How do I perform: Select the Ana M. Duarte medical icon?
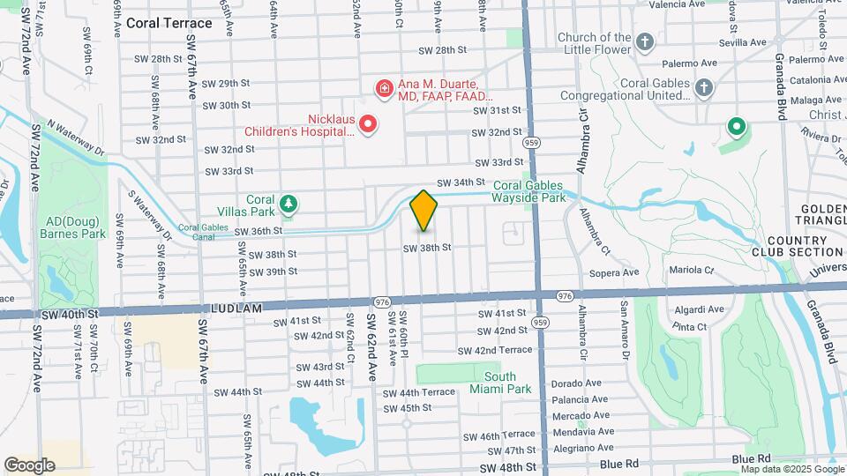384,88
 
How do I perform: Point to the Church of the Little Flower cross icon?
646,41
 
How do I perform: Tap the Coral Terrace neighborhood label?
169,23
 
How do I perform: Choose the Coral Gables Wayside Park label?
541,191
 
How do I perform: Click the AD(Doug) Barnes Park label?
72,227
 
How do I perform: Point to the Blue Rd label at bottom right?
752,459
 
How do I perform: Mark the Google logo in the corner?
29,465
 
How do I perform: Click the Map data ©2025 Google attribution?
791,469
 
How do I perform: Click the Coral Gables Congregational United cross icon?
703,87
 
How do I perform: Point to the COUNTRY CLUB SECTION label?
806,246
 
